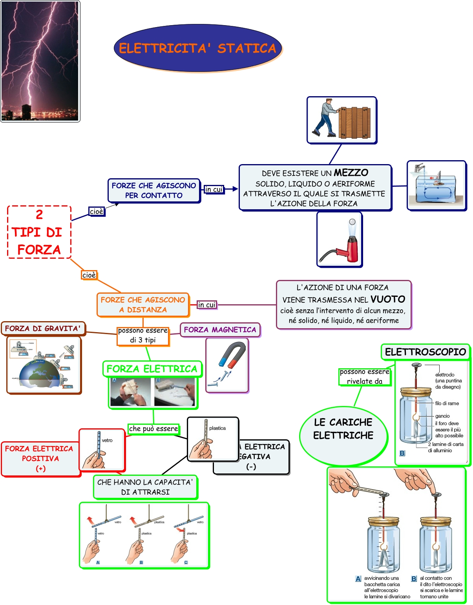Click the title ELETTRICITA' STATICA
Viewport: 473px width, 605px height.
point(198,48)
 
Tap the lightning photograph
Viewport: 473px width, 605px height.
point(40,61)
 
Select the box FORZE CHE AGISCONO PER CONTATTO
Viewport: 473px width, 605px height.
point(154,190)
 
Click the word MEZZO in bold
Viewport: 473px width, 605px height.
point(351,173)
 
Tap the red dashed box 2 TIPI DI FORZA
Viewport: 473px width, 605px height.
point(39,232)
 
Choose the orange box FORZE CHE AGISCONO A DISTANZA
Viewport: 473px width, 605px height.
point(143,305)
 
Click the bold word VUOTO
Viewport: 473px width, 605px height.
point(387,299)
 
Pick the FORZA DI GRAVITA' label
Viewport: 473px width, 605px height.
point(43,328)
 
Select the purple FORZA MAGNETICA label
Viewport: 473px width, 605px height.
point(220,330)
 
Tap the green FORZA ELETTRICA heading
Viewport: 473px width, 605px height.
point(152,369)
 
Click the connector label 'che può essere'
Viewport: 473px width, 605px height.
point(153,429)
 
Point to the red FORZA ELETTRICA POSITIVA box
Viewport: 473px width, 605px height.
point(40,458)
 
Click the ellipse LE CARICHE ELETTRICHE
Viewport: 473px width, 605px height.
point(343,429)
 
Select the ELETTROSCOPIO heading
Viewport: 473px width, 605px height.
point(425,352)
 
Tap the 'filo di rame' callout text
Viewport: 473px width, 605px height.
point(447,403)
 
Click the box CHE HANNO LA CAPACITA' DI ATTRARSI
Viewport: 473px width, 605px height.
point(145,487)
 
